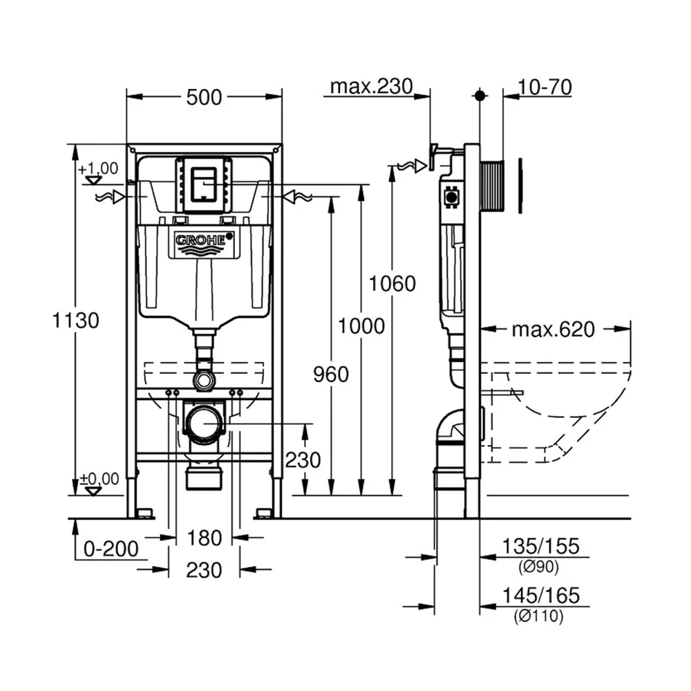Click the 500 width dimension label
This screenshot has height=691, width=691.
click(x=204, y=97)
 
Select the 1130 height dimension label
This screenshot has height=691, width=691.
click(x=75, y=321)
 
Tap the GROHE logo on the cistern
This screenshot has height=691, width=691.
click(x=204, y=241)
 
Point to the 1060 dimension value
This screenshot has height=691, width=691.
click(x=392, y=283)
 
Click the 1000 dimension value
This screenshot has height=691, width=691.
click(x=361, y=327)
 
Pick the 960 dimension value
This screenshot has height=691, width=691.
click(x=330, y=375)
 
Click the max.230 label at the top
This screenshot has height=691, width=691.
click(x=371, y=86)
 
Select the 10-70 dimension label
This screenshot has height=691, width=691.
click(x=545, y=87)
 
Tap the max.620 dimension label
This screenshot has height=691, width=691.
click(x=553, y=329)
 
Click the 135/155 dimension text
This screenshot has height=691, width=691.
click(x=541, y=547)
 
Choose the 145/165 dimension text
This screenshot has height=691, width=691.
click(x=541, y=596)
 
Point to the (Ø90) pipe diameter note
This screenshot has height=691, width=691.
click(x=538, y=567)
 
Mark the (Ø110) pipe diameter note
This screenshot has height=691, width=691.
click(x=538, y=616)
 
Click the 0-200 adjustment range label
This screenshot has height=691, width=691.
click(x=111, y=549)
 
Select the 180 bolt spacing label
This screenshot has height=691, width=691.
click(x=204, y=538)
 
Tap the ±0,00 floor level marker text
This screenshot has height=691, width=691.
click(x=100, y=479)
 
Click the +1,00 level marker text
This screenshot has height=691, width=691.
click(x=99, y=169)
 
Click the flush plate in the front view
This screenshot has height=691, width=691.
click(x=204, y=184)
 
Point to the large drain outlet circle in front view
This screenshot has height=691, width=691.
click(x=205, y=424)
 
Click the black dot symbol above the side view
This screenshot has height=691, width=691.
click(x=480, y=95)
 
